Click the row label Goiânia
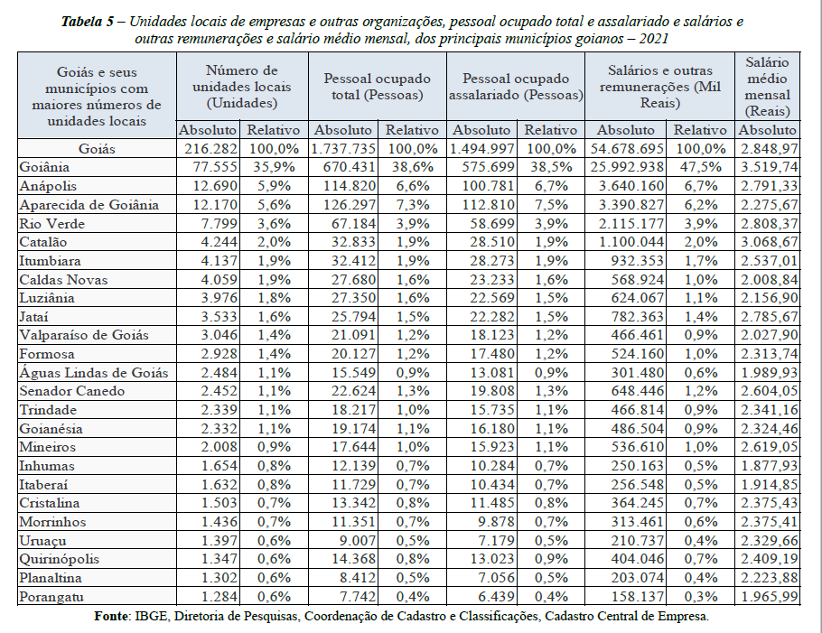tap(44, 167)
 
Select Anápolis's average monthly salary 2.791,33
tap(769, 186)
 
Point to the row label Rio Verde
tap(51, 224)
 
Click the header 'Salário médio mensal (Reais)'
tap(768, 87)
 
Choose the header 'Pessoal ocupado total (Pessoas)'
tap(378, 87)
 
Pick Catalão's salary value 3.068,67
tap(769, 242)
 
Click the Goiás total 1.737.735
tap(343, 149)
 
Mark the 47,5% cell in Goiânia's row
tap(700, 167)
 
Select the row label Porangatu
tap(51, 597)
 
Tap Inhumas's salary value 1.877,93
tap(769, 466)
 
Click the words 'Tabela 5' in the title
tap(88, 22)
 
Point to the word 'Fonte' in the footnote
tap(111, 616)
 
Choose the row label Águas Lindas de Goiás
tap(94, 373)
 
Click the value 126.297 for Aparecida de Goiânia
tap(350, 205)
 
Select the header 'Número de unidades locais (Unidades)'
tap(242, 87)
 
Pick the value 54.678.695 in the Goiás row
tap(627, 149)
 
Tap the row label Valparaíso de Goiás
tap(84, 335)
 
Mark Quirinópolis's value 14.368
tap(354, 559)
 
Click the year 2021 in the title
tap(654, 39)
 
